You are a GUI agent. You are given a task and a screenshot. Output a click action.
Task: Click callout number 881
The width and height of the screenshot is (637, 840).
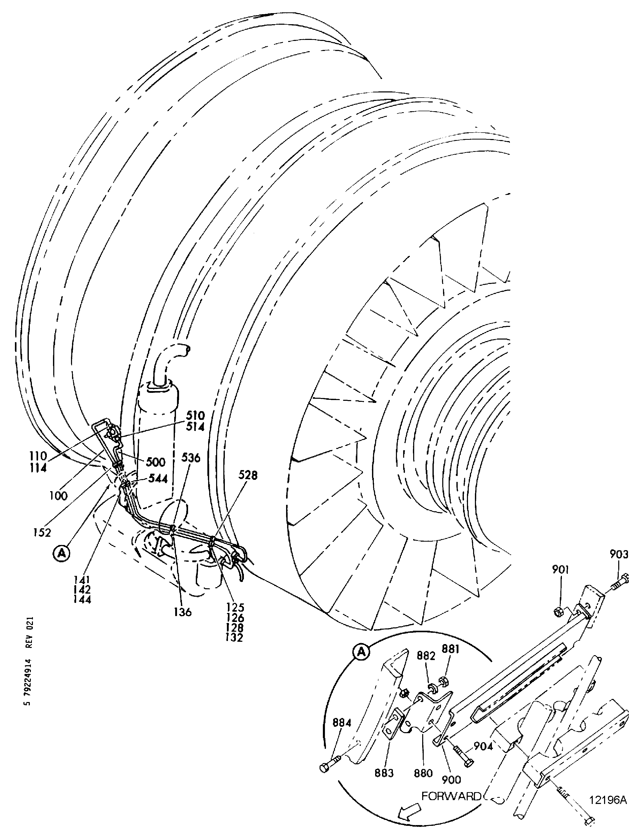click(450, 649)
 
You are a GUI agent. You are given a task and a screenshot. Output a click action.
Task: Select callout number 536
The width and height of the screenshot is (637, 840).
click(191, 458)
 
